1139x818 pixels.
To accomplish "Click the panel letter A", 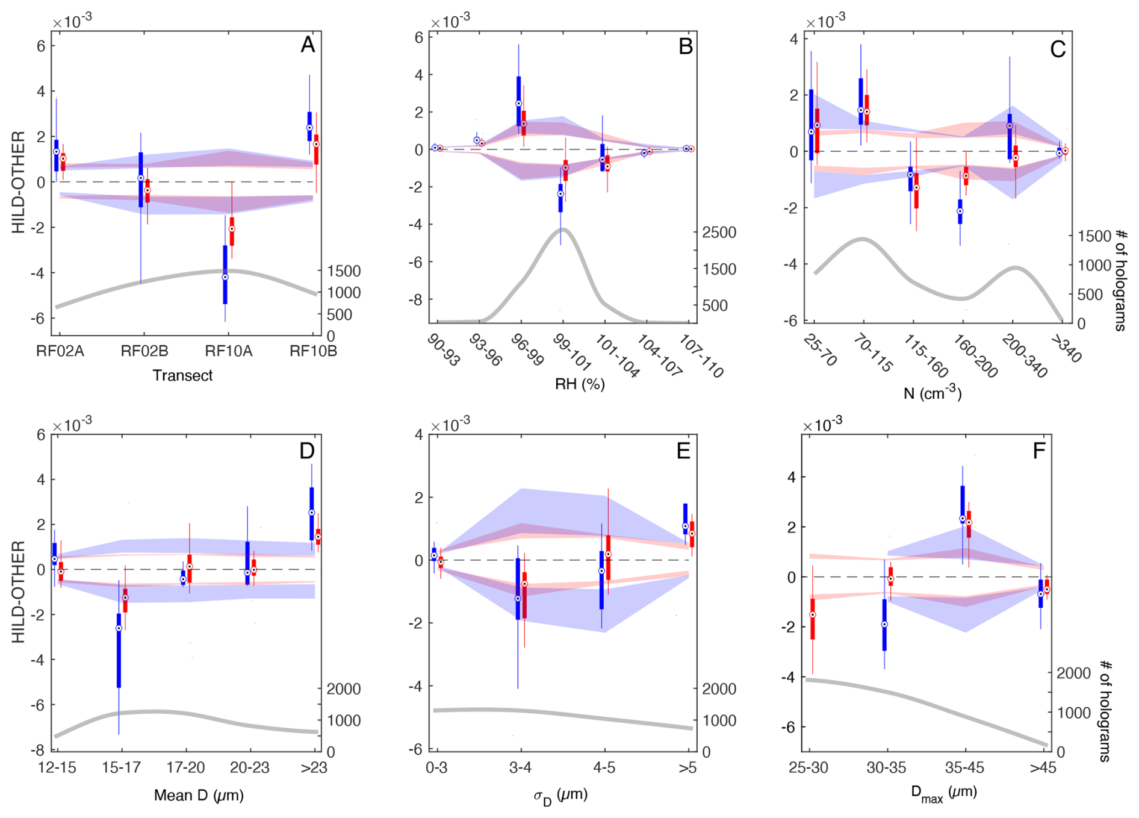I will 308,45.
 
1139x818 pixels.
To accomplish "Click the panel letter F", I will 1039,450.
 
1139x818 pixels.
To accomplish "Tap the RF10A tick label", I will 228,351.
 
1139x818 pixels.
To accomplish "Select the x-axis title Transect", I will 182,375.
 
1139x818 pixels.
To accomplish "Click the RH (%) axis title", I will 579,384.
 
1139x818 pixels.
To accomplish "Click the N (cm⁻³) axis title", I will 933,393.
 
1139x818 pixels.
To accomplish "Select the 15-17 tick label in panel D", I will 122,767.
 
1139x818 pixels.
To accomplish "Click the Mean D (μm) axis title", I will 199,795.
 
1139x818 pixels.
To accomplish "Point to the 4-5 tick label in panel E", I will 604,767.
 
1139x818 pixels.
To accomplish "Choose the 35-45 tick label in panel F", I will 965,767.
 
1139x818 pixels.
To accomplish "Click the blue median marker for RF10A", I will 225,277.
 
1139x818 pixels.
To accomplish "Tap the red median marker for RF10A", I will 232,229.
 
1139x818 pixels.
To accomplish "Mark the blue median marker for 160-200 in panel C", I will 960,211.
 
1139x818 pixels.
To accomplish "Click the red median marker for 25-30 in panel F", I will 812,614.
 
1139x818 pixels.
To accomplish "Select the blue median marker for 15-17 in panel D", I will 119,628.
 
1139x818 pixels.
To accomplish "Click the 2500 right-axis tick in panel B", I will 719,233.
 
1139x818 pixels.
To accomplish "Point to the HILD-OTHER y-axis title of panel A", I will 19,182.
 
